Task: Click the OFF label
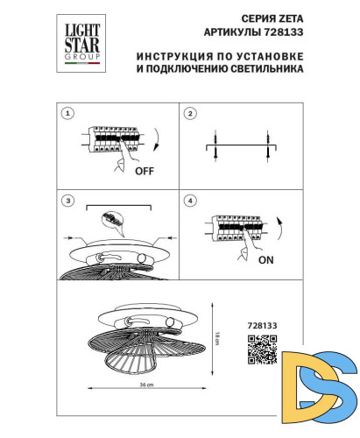145,173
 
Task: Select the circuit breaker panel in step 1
113,141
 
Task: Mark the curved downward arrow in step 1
157,140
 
